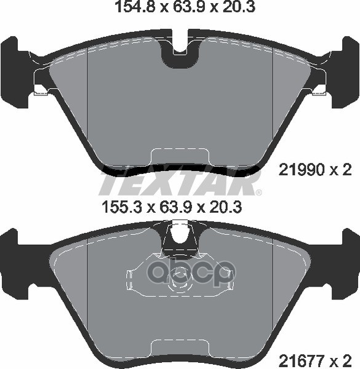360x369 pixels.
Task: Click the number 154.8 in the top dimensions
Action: (x=135, y=7)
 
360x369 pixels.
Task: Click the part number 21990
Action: (x=302, y=170)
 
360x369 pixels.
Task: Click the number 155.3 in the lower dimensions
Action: (x=122, y=208)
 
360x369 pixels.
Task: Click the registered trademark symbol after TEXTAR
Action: (x=258, y=192)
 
